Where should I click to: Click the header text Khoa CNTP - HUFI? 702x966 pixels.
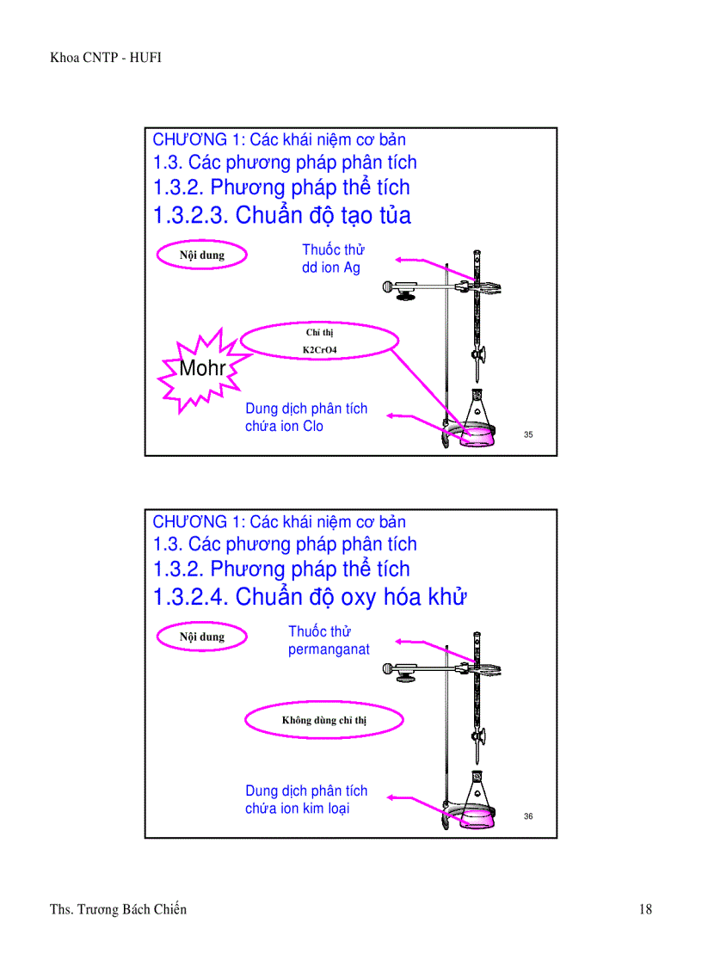point(107,58)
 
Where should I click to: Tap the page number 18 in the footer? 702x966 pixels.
point(645,909)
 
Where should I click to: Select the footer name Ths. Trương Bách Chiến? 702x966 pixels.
point(118,909)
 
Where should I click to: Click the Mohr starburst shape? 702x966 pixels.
point(202,369)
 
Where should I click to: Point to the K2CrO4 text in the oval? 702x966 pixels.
point(319,349)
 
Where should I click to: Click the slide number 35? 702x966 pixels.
point(528,434)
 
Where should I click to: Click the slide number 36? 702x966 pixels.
point(528,816)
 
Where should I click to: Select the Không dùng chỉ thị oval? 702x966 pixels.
point(323,721)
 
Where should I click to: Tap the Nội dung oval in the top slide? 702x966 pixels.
point(202,255)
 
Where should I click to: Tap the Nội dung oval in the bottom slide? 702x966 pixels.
point(202,637)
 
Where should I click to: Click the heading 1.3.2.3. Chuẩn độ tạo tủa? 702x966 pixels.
point(281,215)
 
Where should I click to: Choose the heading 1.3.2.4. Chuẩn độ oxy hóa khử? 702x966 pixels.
point(309,597)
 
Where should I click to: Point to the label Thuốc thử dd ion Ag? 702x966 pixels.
point(332,259)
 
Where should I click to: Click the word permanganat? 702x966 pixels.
point(329,649)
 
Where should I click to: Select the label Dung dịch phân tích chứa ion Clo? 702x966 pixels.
point(305,417)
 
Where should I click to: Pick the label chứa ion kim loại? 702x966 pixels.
point(297,809)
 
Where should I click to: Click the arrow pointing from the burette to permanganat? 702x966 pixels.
point(426,643)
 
